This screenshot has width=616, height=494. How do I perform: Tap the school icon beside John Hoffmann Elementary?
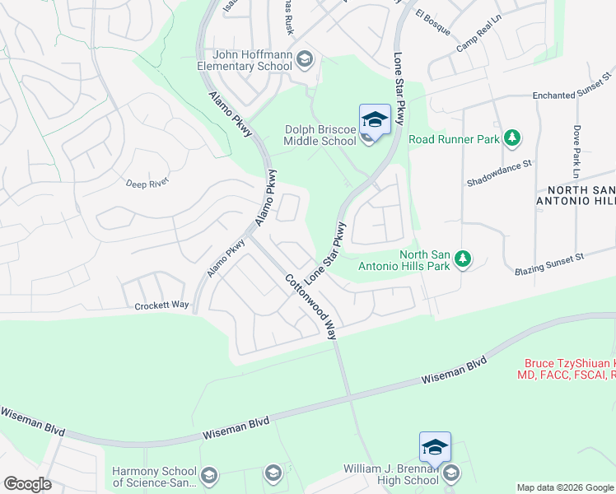click(305, 58)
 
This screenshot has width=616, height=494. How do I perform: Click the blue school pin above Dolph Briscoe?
click(375, 119)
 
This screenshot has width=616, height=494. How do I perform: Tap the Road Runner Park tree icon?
click(512, 137)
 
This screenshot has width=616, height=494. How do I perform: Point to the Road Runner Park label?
click(455, 139)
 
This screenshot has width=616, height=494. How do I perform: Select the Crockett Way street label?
click(161, 305)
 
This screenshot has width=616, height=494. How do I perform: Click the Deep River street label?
click(147, 183)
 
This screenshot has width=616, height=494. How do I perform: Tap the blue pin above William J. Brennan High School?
click(435, 447)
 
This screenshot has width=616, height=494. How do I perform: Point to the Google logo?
click(27, 484)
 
